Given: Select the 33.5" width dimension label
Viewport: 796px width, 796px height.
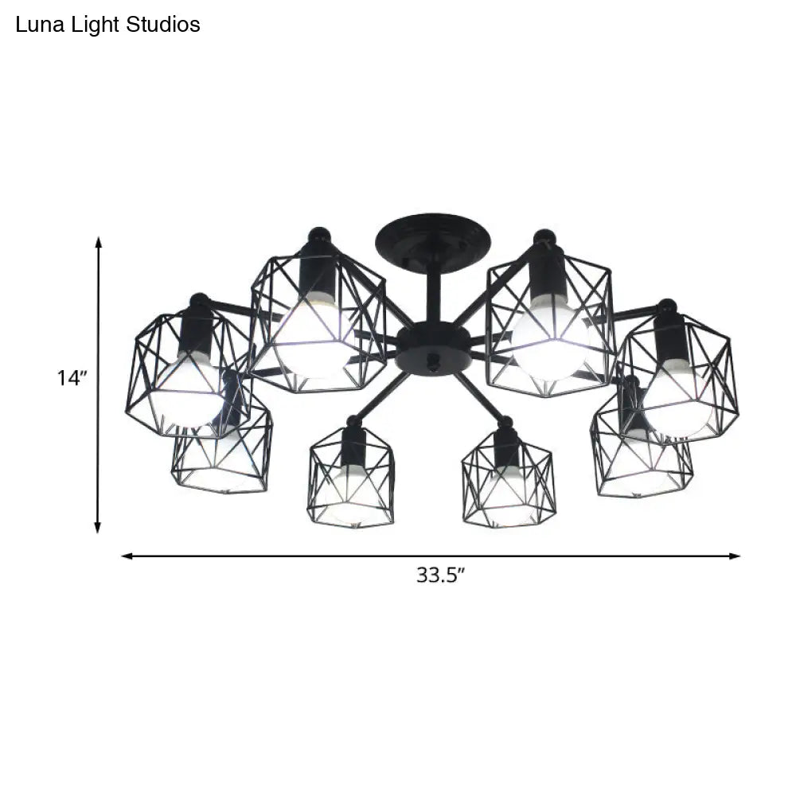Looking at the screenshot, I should tap(439, 575).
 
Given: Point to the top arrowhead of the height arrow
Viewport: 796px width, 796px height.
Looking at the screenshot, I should tap(99, 240).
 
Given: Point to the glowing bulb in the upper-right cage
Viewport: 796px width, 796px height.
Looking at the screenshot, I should tap(549, 330).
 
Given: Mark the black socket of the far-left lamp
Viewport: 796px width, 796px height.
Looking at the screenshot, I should tap(196, 330).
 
